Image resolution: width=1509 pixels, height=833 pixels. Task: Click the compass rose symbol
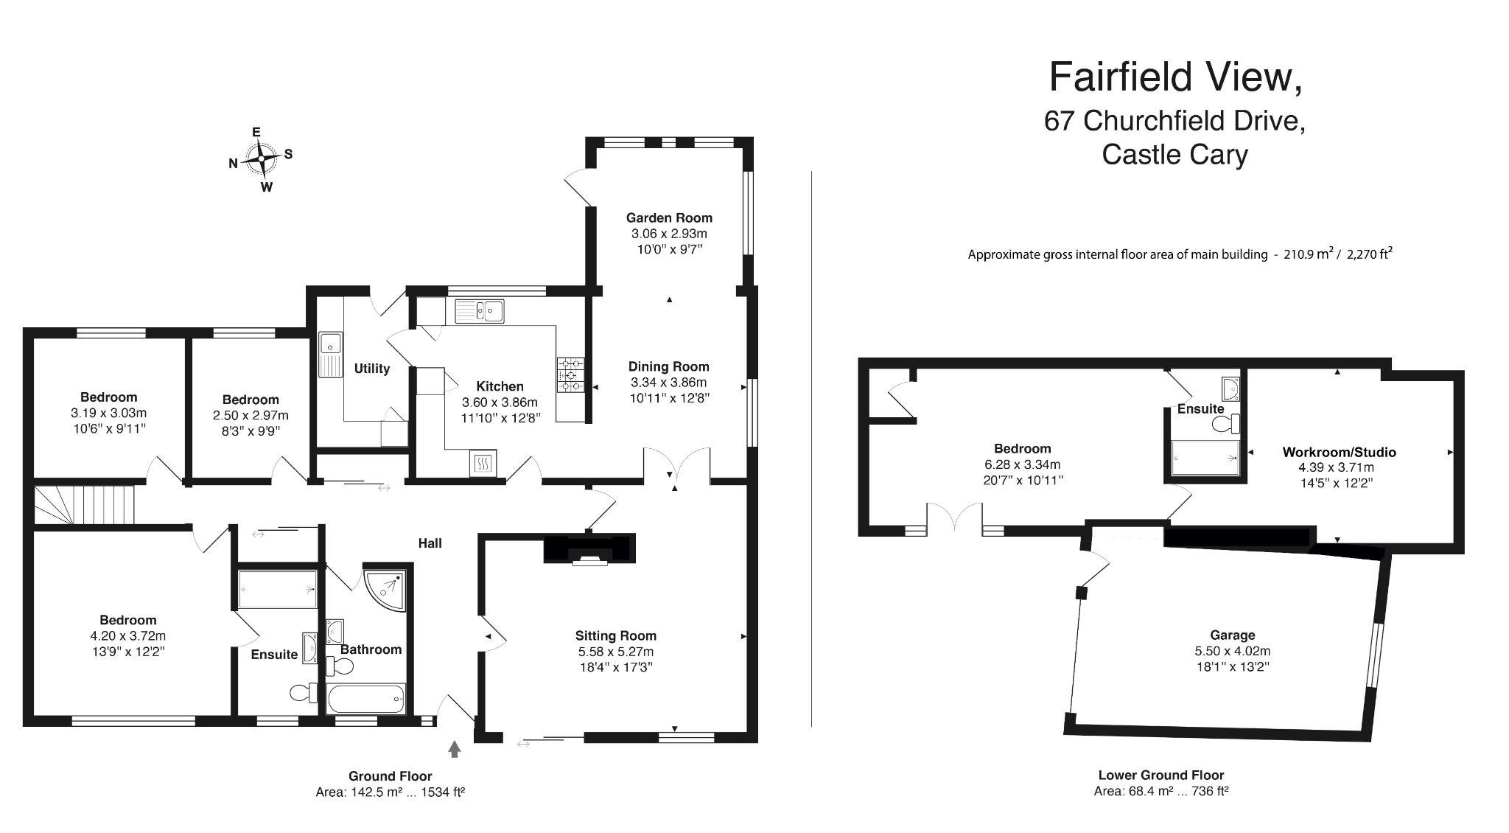pos(261,158)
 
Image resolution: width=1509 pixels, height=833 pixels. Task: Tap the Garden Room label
pos(669,217)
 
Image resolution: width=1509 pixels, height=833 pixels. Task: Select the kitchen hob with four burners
pos(570,374)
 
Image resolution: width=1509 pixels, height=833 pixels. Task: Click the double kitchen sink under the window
pos(479,311)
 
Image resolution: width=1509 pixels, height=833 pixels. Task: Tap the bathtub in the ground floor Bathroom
pos(366,698)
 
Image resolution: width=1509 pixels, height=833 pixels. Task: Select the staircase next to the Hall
pos(85,504)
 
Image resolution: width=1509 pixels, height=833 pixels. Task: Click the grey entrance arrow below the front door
pos(455,749)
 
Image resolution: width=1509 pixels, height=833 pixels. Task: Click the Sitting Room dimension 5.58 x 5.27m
pos(616,652)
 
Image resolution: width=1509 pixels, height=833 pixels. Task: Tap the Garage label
pos(1232,635)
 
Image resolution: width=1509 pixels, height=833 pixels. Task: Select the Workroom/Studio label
pos(1339,452)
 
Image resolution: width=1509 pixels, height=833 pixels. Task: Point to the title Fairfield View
pos(1174,77)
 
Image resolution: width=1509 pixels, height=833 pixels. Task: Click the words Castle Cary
pos(1174,155)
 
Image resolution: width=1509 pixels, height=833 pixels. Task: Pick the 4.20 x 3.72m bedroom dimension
pos(128,635)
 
